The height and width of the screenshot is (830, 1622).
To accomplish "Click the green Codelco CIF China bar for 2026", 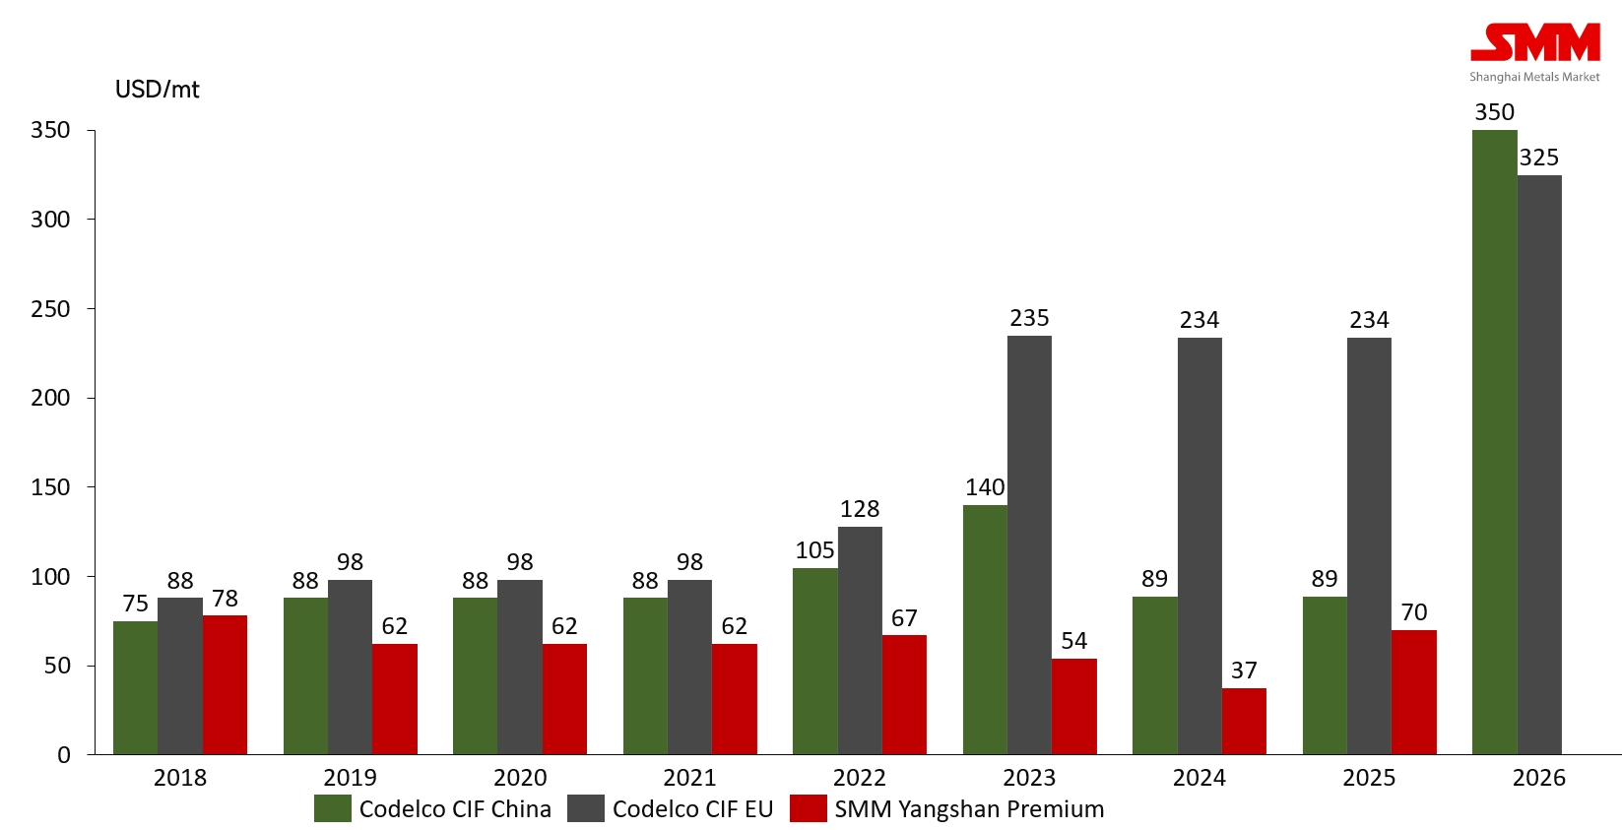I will tap(1494, 442).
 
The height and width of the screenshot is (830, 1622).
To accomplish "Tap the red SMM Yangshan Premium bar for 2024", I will tap(1244, 721).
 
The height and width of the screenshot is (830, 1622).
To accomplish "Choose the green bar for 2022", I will tap(814, 661).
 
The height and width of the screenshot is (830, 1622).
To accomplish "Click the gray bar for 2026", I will tap(1539, 465).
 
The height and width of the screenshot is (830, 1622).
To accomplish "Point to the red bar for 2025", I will tap(1413, 692).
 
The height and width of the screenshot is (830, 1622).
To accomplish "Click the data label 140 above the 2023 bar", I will tap(985, 487).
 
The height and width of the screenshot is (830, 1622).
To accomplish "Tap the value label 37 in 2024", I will tap(1244, 670).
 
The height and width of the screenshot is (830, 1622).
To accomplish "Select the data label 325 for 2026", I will tap(1539, 158).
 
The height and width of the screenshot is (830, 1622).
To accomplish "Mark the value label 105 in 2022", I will tap(814, 550).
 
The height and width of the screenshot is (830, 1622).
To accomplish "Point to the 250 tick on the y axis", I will tap(50, 309).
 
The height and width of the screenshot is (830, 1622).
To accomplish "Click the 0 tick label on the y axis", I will tap(64, 755).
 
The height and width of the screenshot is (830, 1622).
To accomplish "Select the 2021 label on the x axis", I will tap(689, 778).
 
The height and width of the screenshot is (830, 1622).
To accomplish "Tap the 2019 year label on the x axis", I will tap(350, 778).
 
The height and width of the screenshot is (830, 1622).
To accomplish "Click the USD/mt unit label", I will tap(158, 90).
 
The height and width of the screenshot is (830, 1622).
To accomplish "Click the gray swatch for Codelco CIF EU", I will tap(585, 809).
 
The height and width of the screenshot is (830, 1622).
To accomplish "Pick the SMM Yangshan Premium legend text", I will tap(969, 809).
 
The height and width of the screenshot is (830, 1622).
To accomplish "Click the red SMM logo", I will tap(1534, 44).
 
